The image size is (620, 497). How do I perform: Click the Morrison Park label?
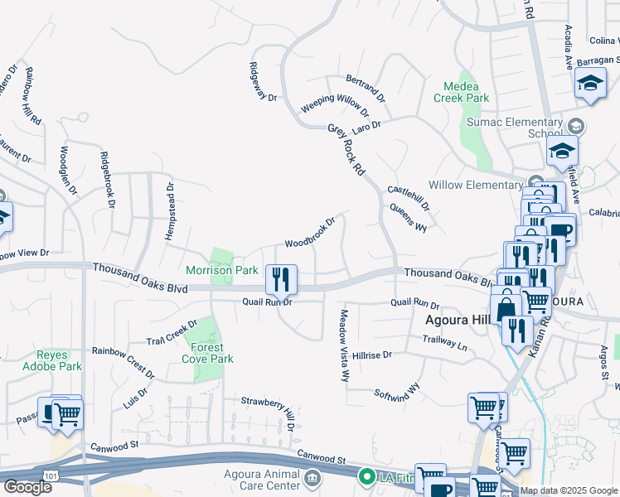tap(222, 270)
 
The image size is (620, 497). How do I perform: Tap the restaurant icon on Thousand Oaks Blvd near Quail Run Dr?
tap(281, 279)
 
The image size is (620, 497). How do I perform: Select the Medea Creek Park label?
tap(461, 91)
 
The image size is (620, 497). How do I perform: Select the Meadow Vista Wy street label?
tap(344, 345)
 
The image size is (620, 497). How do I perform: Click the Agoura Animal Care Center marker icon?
tap(312, 478)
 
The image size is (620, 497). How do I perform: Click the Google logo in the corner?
tap(27, 486)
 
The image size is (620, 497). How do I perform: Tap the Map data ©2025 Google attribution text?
tap(569, 490)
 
